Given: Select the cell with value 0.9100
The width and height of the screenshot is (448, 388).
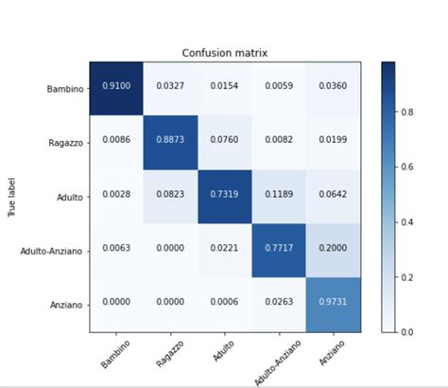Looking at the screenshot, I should click(x=116, y=86).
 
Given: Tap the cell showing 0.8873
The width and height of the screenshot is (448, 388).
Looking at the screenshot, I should click(x=170, y=140).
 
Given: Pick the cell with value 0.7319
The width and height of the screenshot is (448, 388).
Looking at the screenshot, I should click(x=225, y=194).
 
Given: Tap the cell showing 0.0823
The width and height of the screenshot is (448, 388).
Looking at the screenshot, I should click(x=170, y=194).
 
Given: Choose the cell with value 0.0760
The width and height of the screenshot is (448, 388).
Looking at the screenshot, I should click(x=225, y=140).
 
